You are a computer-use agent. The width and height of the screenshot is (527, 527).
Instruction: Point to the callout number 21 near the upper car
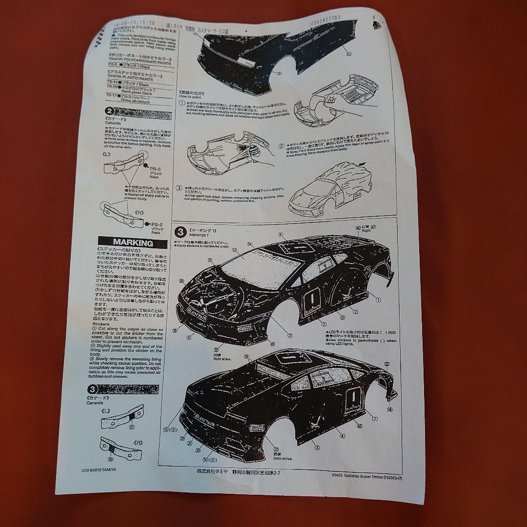289,335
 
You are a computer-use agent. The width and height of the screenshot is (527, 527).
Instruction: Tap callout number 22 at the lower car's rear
387,364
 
